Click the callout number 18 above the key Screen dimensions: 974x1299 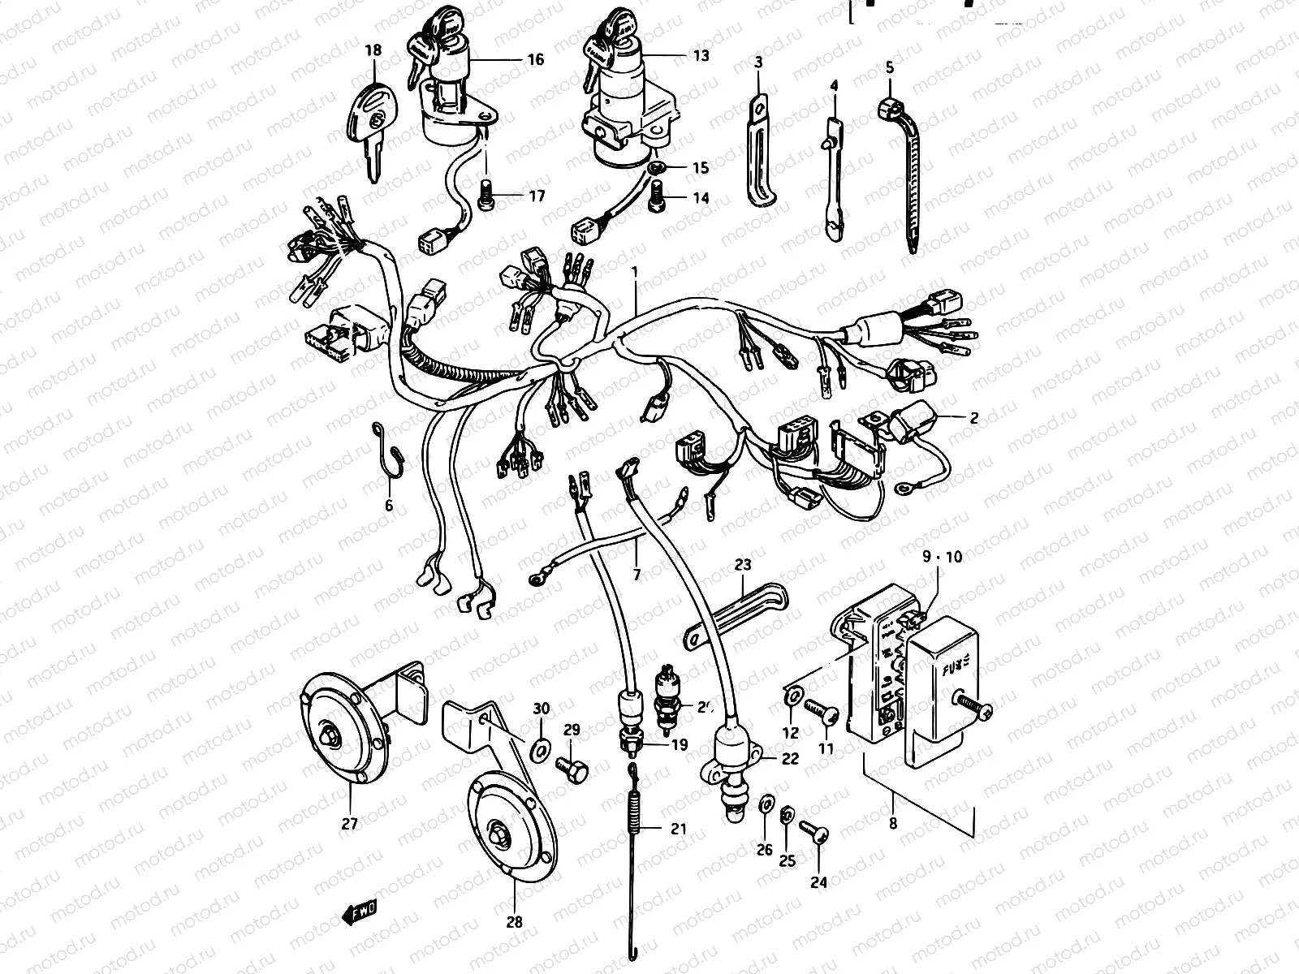click(x=373, y=50)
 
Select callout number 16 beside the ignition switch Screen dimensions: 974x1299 click(x=535, y=59)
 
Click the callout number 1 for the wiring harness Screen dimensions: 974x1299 click(x=636, y=274)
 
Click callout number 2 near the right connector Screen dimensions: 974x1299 click(x=973, y=419)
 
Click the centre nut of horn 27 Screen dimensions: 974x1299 click(x=331, y=735)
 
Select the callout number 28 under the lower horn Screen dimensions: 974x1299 click(x=515, y=922)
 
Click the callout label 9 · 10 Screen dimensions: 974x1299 click(x=941, y=557)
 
